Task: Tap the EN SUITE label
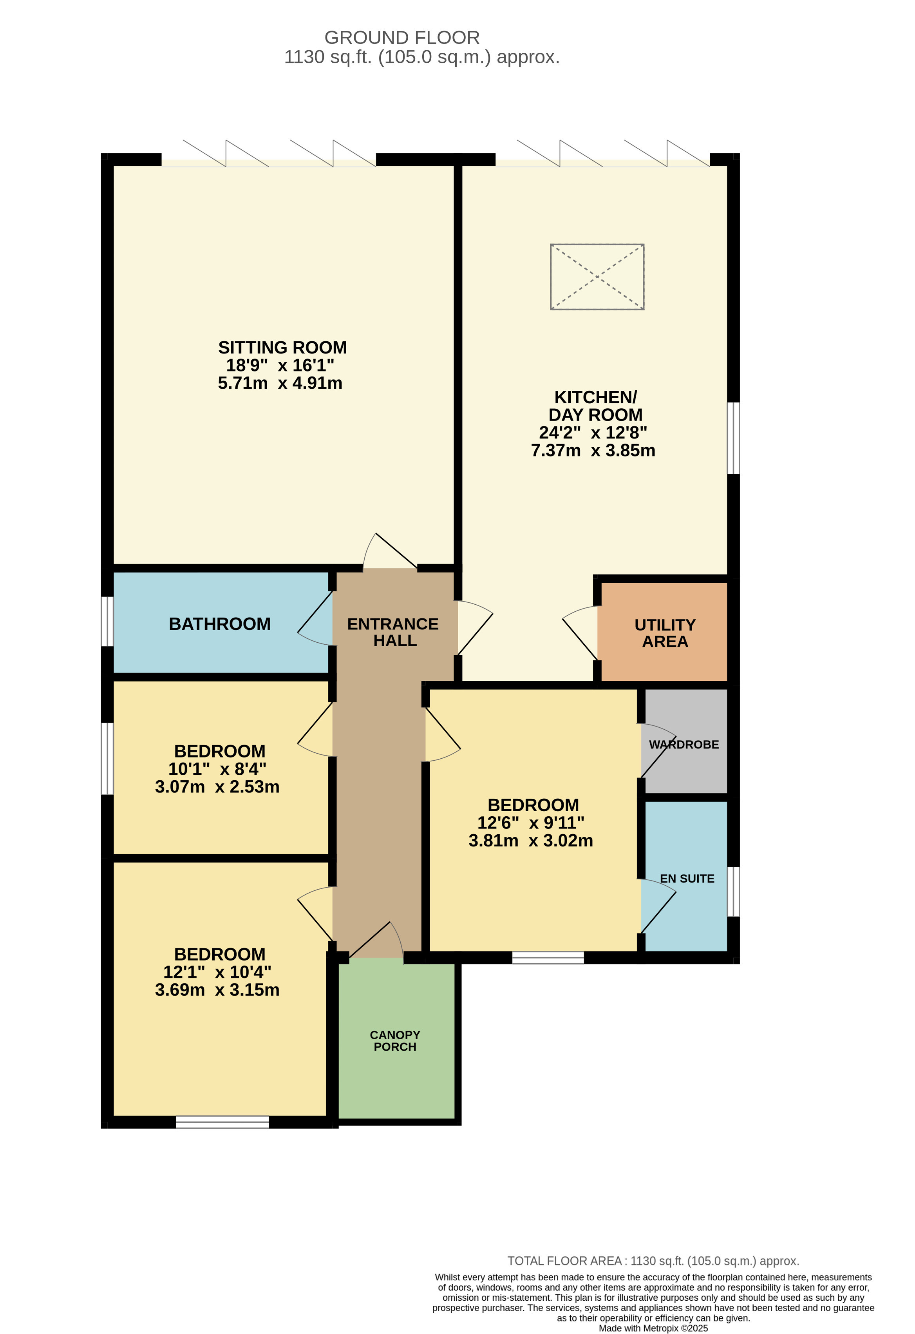687,879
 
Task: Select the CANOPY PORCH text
395,1041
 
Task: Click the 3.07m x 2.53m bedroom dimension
217,787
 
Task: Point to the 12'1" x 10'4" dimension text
217,972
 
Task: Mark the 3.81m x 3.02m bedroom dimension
531,841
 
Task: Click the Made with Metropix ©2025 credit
653,1328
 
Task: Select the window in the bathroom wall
107,621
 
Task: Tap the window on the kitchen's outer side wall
733,438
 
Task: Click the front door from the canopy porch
376,941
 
